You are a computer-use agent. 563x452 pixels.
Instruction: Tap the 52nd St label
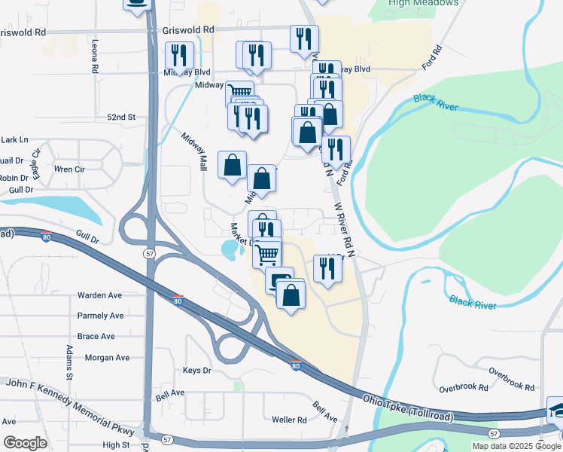pyautogui.click(x=120, y=118)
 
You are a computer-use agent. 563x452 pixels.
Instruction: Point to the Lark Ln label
pyautogui.click(x=14, y=140)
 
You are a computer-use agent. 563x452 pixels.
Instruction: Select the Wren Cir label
pyautogui.click(x=69, y=169)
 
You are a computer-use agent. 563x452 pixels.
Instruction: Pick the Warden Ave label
pyautogui.click(x=99, y=295)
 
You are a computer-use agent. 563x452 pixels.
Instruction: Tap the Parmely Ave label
pyautogui.click(x=100, y=316)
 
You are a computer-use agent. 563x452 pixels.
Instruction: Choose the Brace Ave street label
pyautogui.click(x=96, y=336)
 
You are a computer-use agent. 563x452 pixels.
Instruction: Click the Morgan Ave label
pyautogui.click(x=107, y=358)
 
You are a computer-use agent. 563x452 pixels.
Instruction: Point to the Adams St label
pyautogui.click(x=68, y=362)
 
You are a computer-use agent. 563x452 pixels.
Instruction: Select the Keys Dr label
pyautogui.click(x=197, y=371)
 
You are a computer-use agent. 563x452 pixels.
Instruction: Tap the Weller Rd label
pyautogui.click(x=290, y=420)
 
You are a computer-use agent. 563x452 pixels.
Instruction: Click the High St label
pyautogui.click(x=116, y=445)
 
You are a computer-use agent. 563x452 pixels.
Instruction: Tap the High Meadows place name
pyautogui.click(x=423, y=3)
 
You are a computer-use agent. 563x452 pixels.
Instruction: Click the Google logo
pyautogui.click(x=25, y=443)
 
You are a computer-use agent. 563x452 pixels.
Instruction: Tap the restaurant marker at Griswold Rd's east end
pyautogui.click(x=304, y=39)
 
